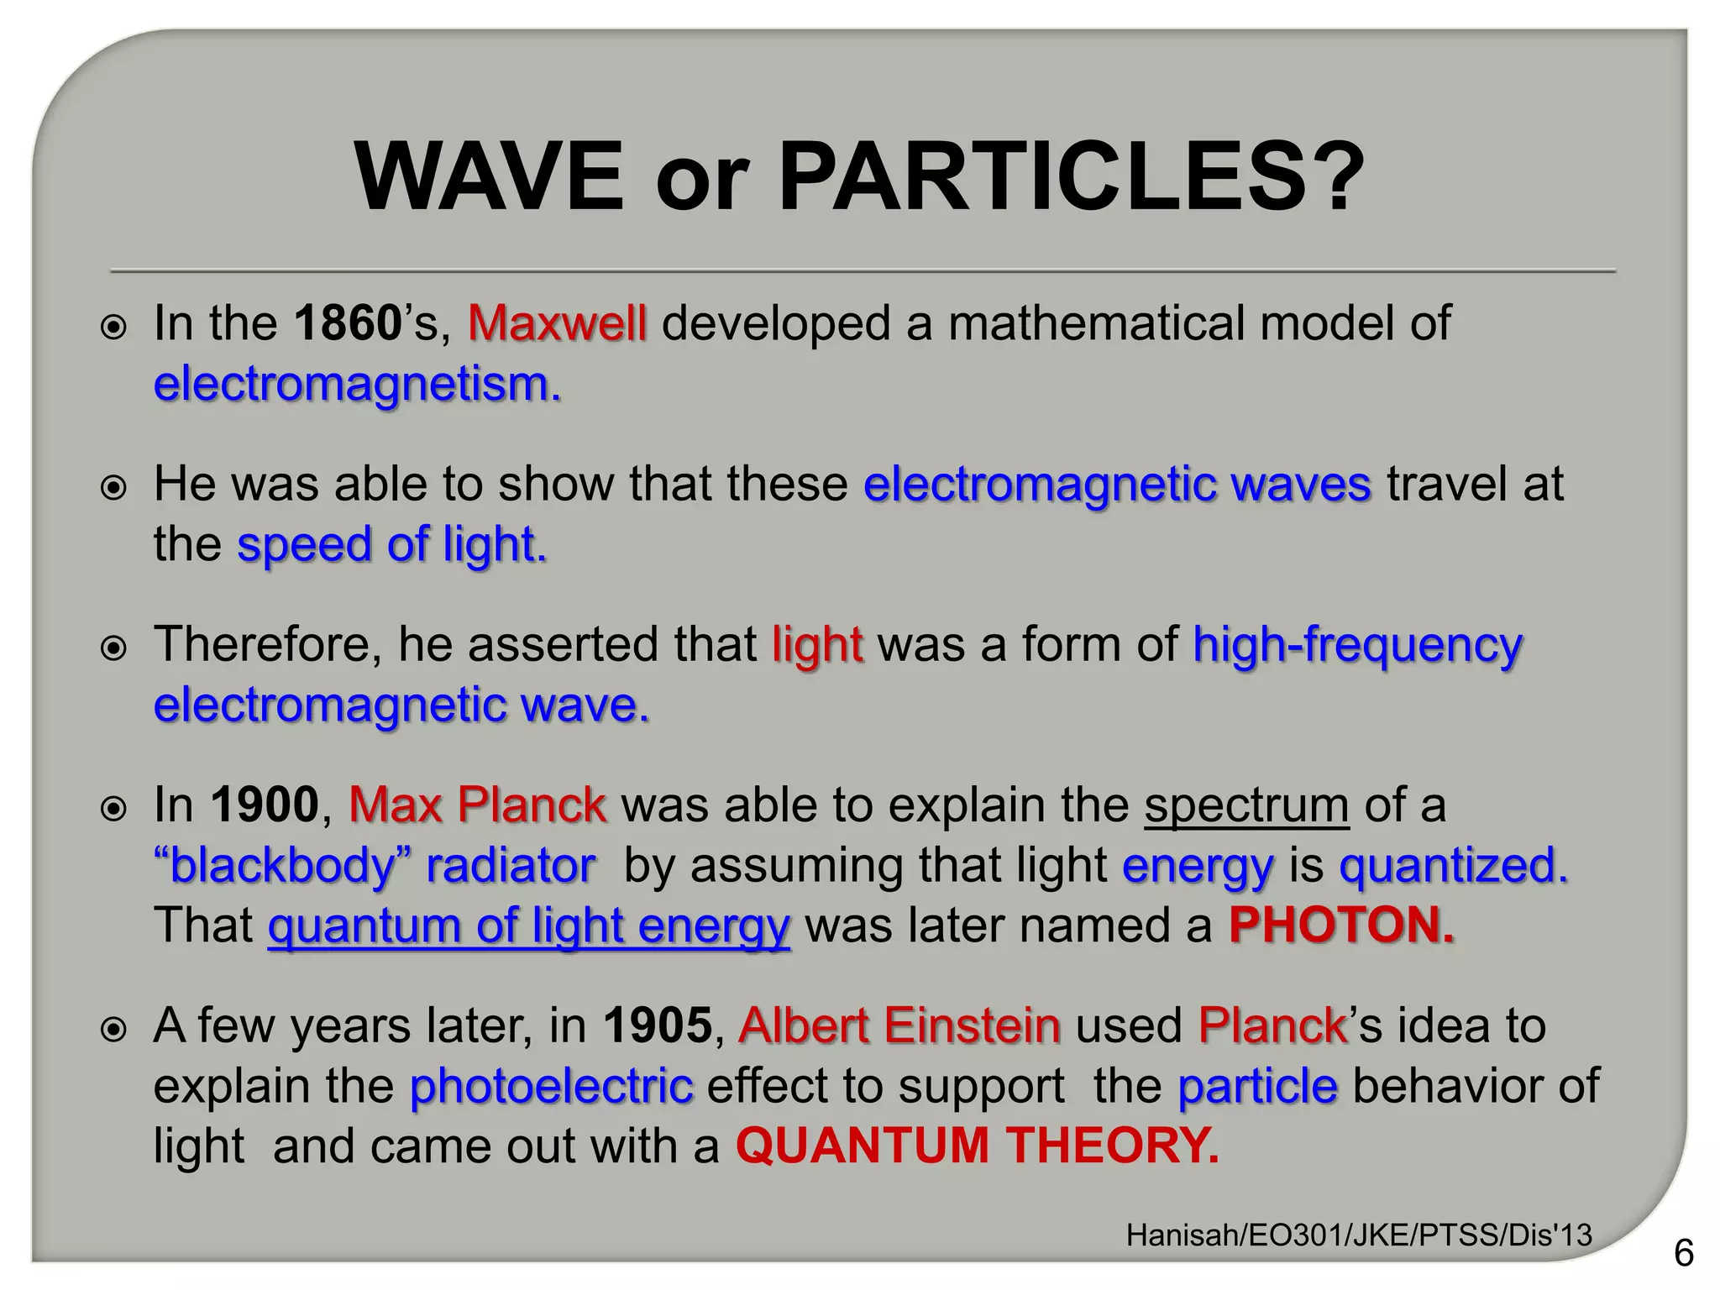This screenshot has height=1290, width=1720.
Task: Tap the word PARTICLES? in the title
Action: click(x=1071, y=176)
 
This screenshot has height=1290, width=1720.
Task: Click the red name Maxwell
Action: click(x=557, y=323)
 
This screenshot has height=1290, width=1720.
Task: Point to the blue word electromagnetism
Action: click(x=357, y=385)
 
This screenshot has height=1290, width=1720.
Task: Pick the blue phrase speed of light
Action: click(x=391, y=544)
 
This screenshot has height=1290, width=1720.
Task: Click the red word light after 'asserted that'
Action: click(x=817, y=645)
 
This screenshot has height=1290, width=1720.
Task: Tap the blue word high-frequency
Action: click(x=1357, y=645)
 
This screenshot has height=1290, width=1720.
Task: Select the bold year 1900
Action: click(x=265, y=805)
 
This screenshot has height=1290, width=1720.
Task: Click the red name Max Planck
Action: click(x=477, y=805)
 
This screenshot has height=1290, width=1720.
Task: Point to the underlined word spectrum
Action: click(x=1246, y=805)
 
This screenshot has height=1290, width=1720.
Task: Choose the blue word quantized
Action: click(x=1453, y=865)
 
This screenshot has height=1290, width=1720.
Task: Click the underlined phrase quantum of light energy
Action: click(x=529, y=926)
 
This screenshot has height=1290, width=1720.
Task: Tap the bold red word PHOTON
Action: click(x=1341, y=926)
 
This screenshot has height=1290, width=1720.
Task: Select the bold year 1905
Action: click(x=658, y=1025)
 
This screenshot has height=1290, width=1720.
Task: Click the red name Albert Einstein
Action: click(x=899, y=1025)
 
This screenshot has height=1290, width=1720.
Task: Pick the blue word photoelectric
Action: click(x=552, y=1086)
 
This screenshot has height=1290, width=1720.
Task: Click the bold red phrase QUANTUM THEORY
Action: click(x=977, y=1146)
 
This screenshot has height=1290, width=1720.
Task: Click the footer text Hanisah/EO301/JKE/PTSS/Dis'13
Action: click(x=1359, y=1235)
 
